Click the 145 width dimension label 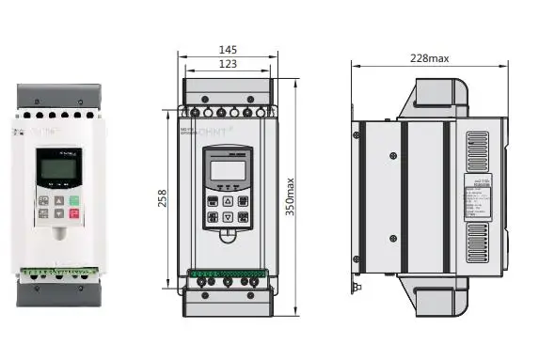229,49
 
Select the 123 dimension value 229,64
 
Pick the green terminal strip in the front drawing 229,275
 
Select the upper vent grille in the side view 478,151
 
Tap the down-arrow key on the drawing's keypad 228,217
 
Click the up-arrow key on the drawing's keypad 228,201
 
